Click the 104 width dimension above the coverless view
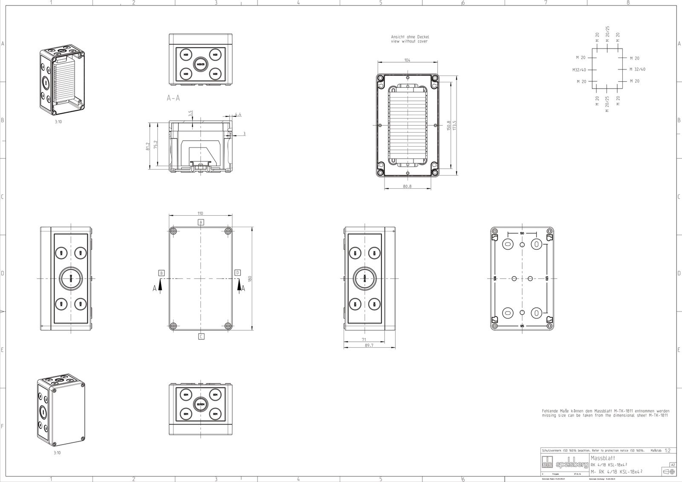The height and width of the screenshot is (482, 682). click(407, 61)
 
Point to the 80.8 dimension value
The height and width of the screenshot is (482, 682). click(407, 186)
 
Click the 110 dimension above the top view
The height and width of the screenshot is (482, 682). click(200, 213)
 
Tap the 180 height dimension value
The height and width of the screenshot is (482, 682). click(250, 278)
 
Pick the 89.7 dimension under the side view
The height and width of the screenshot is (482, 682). click(369, 346)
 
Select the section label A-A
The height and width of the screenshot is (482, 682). click(173, 98)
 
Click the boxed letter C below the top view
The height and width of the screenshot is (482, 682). click(201, 336)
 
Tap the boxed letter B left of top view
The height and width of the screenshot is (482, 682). click(162, 272)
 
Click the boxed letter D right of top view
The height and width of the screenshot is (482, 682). click(238, 272)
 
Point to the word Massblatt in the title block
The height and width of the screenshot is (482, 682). click(603, 458)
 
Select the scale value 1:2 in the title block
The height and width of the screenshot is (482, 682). click(668, 450)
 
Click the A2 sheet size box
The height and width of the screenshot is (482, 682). click(673, 465)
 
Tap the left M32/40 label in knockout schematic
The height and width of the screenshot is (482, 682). click(579, 69)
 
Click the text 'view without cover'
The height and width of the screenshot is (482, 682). click(409, 41)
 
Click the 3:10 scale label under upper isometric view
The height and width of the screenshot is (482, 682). click(58, 121)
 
